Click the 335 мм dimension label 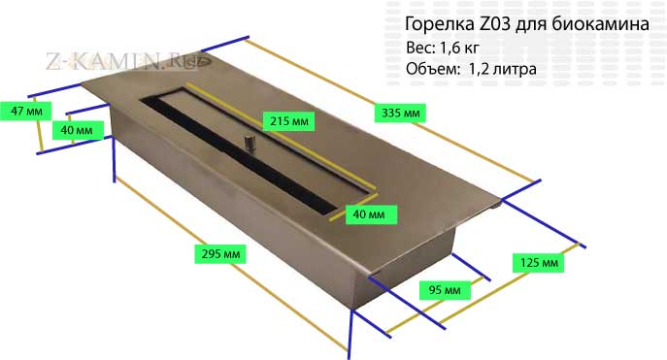coord(400,114)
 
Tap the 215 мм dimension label coord(288,121)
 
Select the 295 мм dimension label coord(220,253)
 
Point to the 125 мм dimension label coord(539,263)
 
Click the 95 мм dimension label coord(445,290)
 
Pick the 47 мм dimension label coord(26,111)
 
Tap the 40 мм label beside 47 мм coord(77,130)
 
